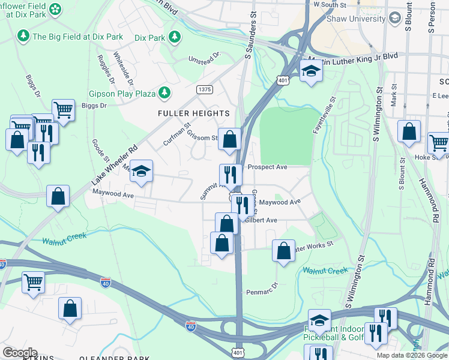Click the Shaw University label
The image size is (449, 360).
pos(355,19)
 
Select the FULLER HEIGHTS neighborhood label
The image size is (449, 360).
pos(193,113)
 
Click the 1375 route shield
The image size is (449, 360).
pos(205,89)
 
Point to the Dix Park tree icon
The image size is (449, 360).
pos(175,38)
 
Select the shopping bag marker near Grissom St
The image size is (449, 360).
pos(229,140)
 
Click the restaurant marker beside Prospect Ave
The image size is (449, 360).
pos(231,175)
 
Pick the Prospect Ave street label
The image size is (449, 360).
pos(268,167)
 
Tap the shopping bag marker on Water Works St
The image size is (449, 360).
pos(283,251)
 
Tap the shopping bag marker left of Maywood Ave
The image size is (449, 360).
pos(58,196)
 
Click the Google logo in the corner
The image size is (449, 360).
pos(20,353)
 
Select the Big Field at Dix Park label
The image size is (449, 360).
pos(78,37)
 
